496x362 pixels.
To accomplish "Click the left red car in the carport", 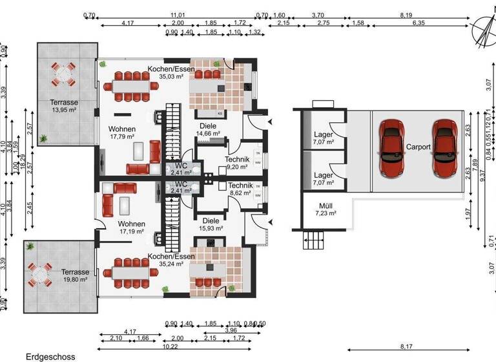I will coord(391,140).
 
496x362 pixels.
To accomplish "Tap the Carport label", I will coord(418,147).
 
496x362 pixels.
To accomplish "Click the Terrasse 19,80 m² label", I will coord(75,276).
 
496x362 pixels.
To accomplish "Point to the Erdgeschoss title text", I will coord(50,356).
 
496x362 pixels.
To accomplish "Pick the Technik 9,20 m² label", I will coord(237,162).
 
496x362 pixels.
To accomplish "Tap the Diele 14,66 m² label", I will coord(208,130).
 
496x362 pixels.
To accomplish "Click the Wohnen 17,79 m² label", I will coord(121,133).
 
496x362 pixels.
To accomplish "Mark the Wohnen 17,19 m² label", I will coord(132,227).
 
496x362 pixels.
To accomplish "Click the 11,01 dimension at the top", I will coord(178,14).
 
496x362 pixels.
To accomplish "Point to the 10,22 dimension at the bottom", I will coord(170,346).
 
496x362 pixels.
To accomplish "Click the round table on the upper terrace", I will coord(65,74).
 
